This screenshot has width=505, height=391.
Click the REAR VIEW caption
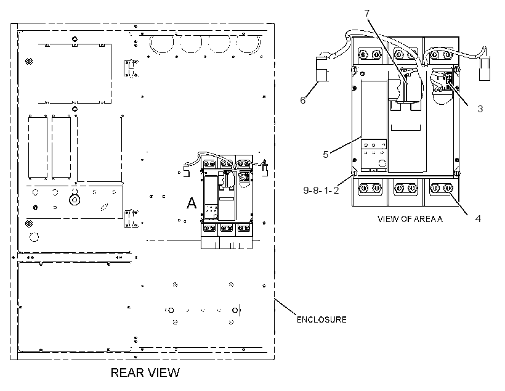(x=145, y=372)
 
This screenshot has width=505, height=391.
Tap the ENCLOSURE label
(x=321, y=319)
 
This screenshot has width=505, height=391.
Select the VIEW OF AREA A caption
(x=410, y=219)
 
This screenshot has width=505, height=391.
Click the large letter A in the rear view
(x=192, y=204)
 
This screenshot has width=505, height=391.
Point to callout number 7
(x=367, y=13)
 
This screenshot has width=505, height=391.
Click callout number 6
(x=303, y=101)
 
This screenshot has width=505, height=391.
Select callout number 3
(x=480, y=109)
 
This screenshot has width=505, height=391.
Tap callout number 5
(x=326, y=155)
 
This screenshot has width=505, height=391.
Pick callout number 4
(x=478, y=219)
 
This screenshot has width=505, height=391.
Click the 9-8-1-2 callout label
(x=321, y=191)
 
